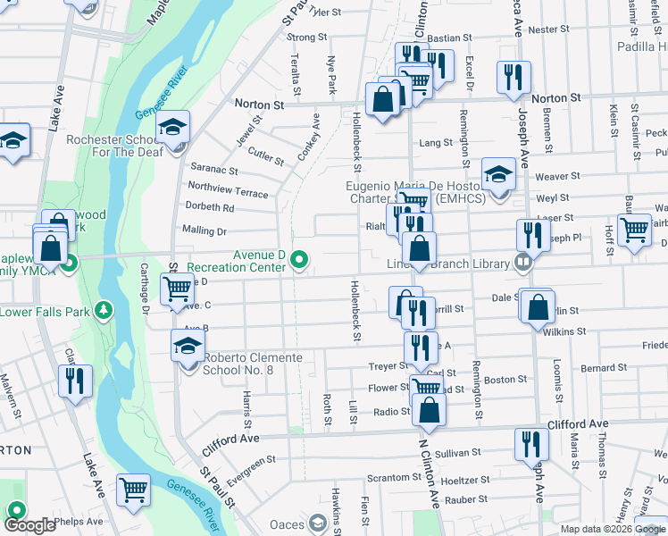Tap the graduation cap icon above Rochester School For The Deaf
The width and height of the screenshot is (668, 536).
tap(172, 128)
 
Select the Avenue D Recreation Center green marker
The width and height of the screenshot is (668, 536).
tap(300, 261)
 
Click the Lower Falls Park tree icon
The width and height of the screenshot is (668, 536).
tap(105, 310)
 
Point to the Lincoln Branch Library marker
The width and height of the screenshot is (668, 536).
tap(522, 263)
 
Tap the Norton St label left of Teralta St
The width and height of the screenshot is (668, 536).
tap(259, 104)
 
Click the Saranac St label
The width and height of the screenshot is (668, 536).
tap(214, 170)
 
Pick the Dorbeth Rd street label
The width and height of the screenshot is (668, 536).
tap(210, 207)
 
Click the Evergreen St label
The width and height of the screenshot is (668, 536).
tap(250, 471)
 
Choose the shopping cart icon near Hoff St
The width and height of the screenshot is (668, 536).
tap(634, 229)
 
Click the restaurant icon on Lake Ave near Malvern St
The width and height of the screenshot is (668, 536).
tap(74, 381)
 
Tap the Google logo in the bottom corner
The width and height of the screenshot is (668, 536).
tap(29, 524)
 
